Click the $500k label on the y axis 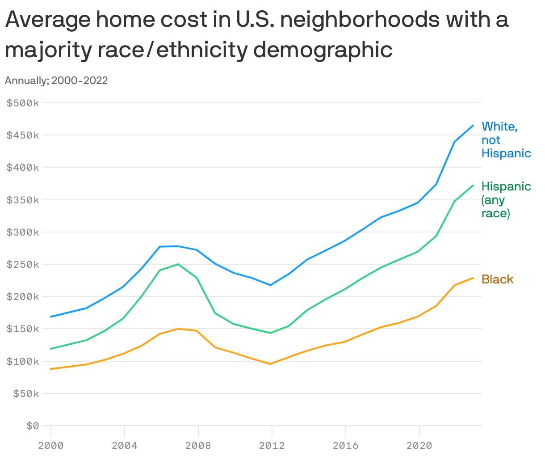[23, 103]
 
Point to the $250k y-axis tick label [23, 265]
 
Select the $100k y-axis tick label [23, 361]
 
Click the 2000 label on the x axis [51, 445]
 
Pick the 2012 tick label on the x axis [272, 445]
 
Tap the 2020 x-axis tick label [419, 445]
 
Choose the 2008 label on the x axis [198, 445]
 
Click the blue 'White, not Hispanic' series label [506, 140]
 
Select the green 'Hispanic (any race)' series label [506, 199]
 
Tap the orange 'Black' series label [497, 279]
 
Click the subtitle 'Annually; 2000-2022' [56, 80]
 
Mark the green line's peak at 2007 [178, 264]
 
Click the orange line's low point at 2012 [270, 364]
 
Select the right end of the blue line [473, 126]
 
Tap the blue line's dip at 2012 [270, 285]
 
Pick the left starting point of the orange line [51, 369]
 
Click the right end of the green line [473, 185]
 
